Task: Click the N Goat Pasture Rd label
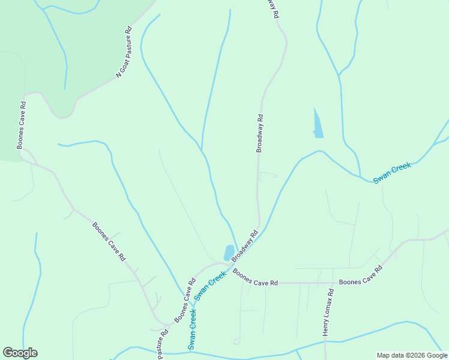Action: pyautogui.click(x=123, y=52)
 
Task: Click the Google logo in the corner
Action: pyautogui.click(x=20, y=353)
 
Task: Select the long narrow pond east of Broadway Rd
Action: pyautogui.click(x=318, y=124)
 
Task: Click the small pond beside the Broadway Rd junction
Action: pyautogui.click(x=229, y=253)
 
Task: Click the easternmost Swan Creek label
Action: pyautogui.click(x=392, y=173)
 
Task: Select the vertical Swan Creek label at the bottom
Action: pyautogui.click(x=192, y=329)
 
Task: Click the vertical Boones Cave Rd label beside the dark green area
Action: pyautogui.click(x=22, y=125)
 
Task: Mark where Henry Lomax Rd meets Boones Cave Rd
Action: pyautogui.click(x=333, y=283)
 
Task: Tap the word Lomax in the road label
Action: pyautogui.click(x=327, y=304)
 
